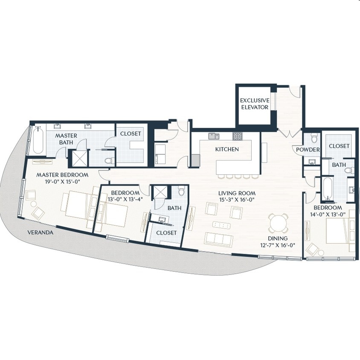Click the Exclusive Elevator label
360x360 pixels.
pos(255,104)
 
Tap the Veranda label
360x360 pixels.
pos(41,232)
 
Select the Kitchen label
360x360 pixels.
pos(227,149)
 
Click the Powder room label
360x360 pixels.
pos(308,150)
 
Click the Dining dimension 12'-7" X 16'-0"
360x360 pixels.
pos(278,245)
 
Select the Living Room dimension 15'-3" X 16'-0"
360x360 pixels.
pos(237,200)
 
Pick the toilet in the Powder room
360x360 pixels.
pos(314,138)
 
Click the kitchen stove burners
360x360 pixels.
pos(237,136)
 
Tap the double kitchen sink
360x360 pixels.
pos(214,136)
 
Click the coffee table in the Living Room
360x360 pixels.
pos(221,225)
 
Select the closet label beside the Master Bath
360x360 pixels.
pos(131,134)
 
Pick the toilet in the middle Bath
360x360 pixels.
pos(182,191)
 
